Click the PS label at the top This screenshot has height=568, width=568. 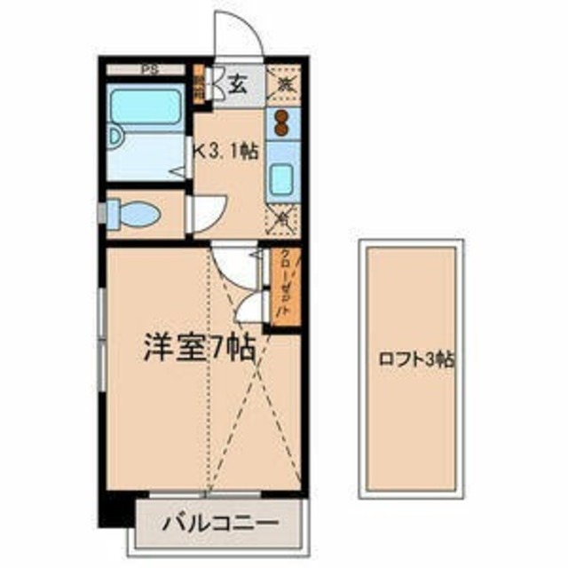(x=146, y=68)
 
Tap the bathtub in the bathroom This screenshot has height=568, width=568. (x=144, y=106)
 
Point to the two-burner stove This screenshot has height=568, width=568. (x=283, y=123)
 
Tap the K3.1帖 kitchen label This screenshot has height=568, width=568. (x=227, y=152)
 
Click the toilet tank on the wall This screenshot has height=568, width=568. (x=112, y=213)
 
